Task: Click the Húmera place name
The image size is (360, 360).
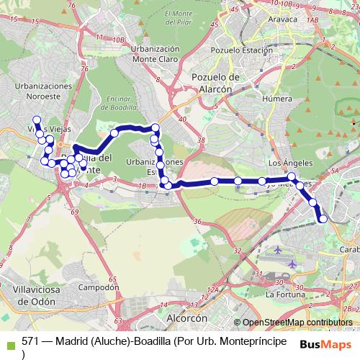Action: [x=277, y=99]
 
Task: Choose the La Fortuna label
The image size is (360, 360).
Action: [x=285, y=294]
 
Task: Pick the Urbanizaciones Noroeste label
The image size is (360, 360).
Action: [x=43, y=90]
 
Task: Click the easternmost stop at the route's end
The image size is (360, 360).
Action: [x=323, y=218]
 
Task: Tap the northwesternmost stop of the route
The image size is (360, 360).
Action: [x=36, y=119]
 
